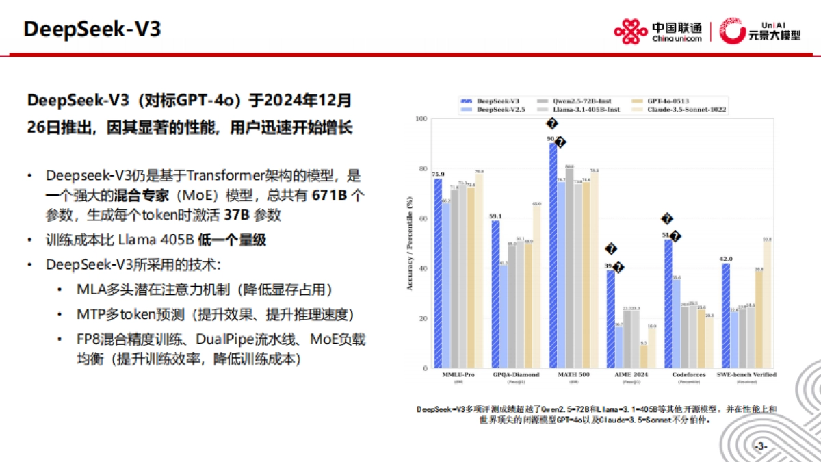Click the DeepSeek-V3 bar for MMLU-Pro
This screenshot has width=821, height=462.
pos(437,274)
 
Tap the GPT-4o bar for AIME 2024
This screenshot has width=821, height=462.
pos(643,357)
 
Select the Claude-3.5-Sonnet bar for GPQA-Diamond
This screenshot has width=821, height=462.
pos(536,287)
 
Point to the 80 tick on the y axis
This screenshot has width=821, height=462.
pos(421,169)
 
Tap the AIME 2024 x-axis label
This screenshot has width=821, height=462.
pos(621,375)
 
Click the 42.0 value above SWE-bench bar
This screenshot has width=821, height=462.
pos(726,259)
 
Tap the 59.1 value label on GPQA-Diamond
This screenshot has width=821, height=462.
pos(495,216)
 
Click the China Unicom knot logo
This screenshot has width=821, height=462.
pos(630,31)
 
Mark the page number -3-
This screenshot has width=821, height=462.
pos(761,446)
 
